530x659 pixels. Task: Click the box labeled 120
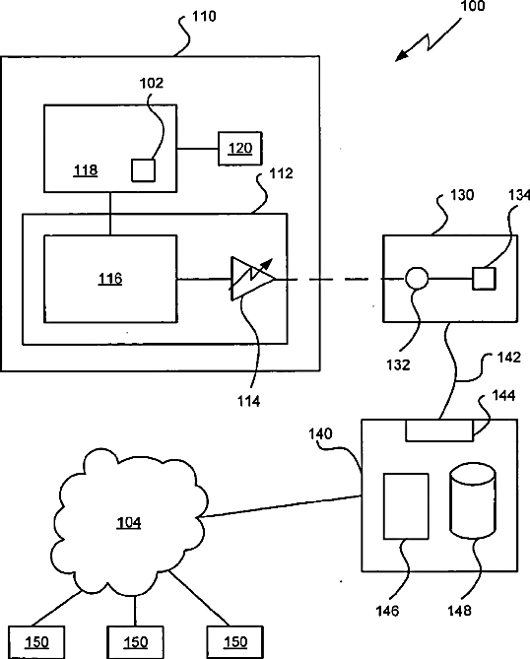click(240, 149)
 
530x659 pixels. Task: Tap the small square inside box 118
click(143, 170)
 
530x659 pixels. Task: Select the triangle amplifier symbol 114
click(252, 278)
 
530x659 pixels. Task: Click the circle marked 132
click(417, 278)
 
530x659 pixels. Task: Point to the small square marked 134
click(484, 278)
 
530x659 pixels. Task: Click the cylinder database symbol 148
click(473, 501)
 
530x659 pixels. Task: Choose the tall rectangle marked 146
click(406, 506)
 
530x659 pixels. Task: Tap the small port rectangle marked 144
click(439, 430)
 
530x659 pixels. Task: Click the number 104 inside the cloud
click(129, 522)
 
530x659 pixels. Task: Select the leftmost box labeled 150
click(36, 642)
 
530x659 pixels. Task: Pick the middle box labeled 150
click(135, 642)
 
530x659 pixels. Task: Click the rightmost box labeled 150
click(234, 642)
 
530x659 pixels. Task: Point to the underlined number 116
click(110, 279)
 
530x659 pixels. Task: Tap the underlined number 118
click(86, 170)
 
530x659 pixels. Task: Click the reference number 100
click(473, 6)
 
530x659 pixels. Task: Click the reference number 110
click(204, 16)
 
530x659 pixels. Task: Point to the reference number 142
click(509, 358)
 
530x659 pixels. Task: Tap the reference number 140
click(321, 433)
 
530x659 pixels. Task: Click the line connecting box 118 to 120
click(197, 149)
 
